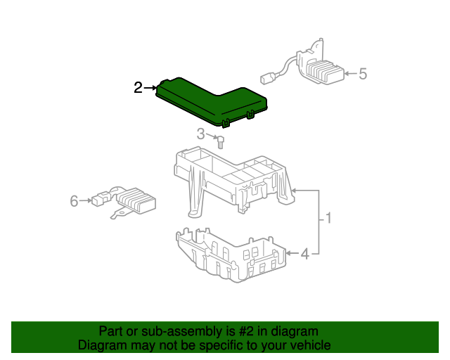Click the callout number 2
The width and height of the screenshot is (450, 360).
coord(138,88)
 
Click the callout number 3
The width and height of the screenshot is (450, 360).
coord(200,134)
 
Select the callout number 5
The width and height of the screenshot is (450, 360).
coord(363,74)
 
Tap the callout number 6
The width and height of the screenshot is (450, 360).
coord(74,201)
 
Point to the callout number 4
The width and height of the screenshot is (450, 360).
coord(305,254)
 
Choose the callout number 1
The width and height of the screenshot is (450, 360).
coord(328,218)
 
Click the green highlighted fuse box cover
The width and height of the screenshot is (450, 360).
coord(212,102)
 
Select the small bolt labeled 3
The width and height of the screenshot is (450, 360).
coord(220,143)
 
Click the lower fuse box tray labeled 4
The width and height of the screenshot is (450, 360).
coord(231,255)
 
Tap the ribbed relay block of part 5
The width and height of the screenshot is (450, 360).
coord(326,71)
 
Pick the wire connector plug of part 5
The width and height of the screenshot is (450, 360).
coord(266,79)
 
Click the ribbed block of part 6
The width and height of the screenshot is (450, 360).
coord(136,200)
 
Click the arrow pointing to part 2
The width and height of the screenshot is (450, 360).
coord(151,88)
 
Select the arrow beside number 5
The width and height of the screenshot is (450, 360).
coord(351,74)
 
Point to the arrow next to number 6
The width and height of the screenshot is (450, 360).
coord(86,200)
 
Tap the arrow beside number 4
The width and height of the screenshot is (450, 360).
coord(292,253)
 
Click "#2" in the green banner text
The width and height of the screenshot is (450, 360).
coord(246,331)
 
